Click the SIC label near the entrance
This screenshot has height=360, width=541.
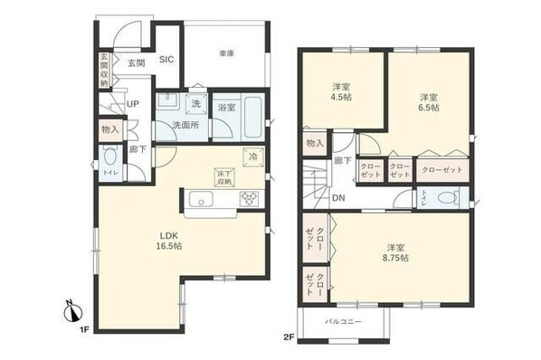[x=166, y=60]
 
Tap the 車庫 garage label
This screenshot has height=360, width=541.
[x=225, y=54]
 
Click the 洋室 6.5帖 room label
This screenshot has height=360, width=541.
[x=429, y=101]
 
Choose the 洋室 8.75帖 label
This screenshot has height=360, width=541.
[x=396, y=252]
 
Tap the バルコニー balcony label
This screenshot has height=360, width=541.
[x=344, y=322]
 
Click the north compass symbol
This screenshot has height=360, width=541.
[x=70, y=313]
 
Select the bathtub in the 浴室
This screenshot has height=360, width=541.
[x=252, y=116]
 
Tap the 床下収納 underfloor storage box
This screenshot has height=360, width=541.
[x=223, y=176]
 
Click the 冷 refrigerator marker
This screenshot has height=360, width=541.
[x=252, y=155]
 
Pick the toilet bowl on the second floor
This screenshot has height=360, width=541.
[x=444, y=198]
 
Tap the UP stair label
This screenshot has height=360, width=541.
[x=132, y=105]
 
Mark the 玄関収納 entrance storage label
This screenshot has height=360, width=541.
[x=104, y=71]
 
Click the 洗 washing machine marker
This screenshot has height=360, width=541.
[x=195, y=100]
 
